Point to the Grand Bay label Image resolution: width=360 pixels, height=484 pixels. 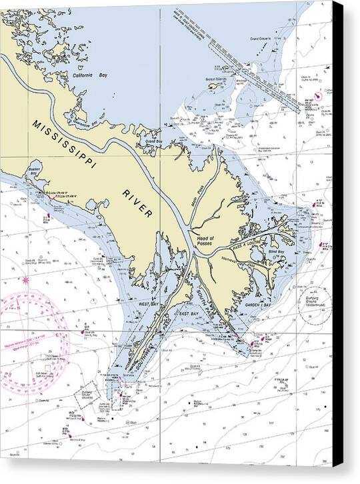tap(154, 142)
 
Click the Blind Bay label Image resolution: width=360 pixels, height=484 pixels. tap(276, 252)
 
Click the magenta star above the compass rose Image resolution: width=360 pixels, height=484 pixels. tap(26, 280)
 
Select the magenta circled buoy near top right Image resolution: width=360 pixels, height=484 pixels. tap(318, 95)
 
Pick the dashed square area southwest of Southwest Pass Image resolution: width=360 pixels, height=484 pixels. tap(85, 395)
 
